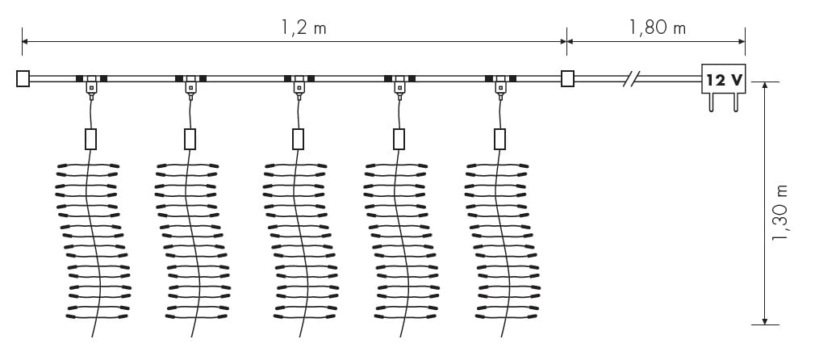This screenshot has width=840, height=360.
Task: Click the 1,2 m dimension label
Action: click(304, 27)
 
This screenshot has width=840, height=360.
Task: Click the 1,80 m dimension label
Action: click(657, 27)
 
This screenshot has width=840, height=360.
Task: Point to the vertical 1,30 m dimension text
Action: click(779, 212)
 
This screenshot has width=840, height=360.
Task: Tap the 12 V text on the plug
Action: click(724, 80)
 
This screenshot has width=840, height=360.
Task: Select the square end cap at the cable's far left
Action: click(23, 78)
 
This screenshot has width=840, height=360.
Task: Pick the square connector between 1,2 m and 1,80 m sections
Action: click(567, 78)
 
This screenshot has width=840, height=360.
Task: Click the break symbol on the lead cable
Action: click(632, 78)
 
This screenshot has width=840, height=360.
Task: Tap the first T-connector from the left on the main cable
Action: click(91, 83)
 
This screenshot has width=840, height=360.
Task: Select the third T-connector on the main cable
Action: click(299, 83)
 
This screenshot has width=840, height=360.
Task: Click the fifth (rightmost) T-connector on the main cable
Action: click(500, 83)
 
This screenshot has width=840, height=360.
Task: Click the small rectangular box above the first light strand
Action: click(90, 139)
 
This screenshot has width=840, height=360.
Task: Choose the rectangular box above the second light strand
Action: click(190, 139)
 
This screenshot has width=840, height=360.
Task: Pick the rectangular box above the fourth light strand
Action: click(399, 139)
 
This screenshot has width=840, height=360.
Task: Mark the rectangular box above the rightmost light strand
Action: click(500, 139)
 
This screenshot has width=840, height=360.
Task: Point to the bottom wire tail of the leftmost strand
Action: click(94, 331)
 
